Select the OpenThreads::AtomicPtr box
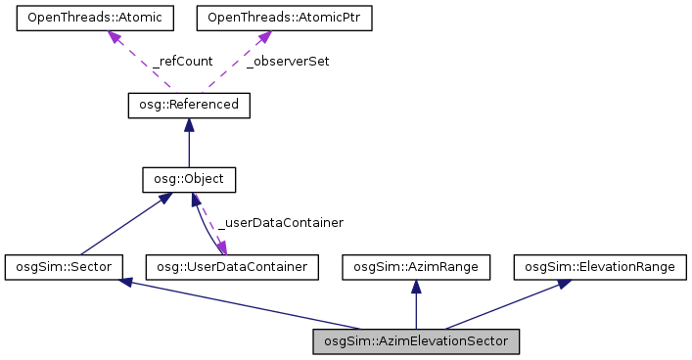click(271, 19)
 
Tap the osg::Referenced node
click(189, 105)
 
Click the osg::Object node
click(189, 180)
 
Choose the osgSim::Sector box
click(63, 266)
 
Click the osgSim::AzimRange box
click(415, 266)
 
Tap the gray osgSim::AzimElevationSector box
click(416, 341)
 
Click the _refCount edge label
click(182, 61)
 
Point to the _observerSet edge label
click(287, 61)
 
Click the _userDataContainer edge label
click(280, 223)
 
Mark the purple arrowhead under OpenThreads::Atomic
click(115, 37)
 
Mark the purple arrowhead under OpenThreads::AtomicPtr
click(261, 37)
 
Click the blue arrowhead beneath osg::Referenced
click(189, 124)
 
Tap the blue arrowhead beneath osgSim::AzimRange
click(415, 286)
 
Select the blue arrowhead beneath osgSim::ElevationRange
click(565, 283)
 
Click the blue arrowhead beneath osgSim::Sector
click(124, 283)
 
